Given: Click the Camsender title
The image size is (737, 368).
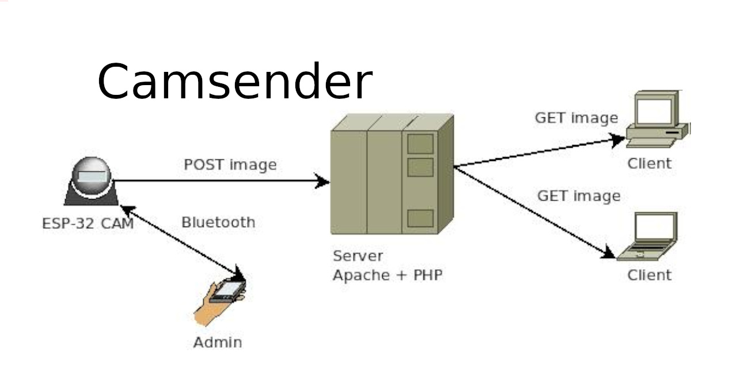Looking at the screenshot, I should (x=234, y=82).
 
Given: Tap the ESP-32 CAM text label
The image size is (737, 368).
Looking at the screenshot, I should (x=88, y=223).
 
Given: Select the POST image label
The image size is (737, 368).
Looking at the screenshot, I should (x=230, y=165).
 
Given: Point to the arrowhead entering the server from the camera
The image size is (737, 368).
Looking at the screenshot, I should (x=323, y=182).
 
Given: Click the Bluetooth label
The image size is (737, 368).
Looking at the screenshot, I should (x=218, y=223).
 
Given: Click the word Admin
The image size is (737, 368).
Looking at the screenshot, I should (x=217, y=343).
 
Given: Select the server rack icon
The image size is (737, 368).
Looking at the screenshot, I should (x=392, y=174).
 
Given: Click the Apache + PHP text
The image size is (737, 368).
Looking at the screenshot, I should (x=388, y=275).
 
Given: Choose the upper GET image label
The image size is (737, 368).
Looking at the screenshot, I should (x=576, y=118).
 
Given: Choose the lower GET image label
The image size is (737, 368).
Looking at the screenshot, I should (x=579, y=196).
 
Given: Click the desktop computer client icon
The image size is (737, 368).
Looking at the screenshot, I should (x=656, y=119).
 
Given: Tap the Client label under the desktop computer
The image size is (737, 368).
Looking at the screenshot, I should (x=649, y=163).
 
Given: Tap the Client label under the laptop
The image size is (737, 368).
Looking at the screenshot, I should (x=649, y=275).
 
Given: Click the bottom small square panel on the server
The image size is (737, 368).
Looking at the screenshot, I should (x=420, y=218).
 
